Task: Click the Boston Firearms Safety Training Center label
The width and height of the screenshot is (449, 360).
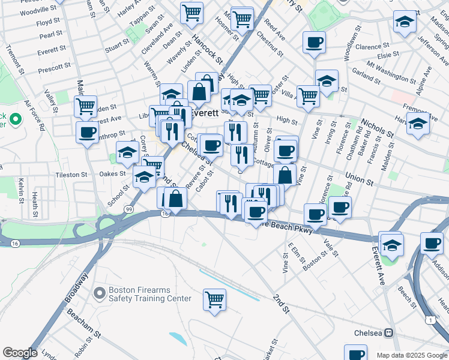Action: (149, 294)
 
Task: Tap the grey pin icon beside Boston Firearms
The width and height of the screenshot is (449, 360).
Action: (100, 293)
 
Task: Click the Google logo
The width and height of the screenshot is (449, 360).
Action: (20, 353)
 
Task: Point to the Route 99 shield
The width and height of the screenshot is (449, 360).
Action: (129, 208)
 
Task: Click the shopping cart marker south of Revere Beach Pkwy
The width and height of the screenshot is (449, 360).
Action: (214, 299)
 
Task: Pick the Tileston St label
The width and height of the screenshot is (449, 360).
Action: (71, 175)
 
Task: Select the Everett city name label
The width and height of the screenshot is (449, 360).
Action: (204, 112)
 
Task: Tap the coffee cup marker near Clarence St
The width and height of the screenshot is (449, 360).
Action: (315, 42)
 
